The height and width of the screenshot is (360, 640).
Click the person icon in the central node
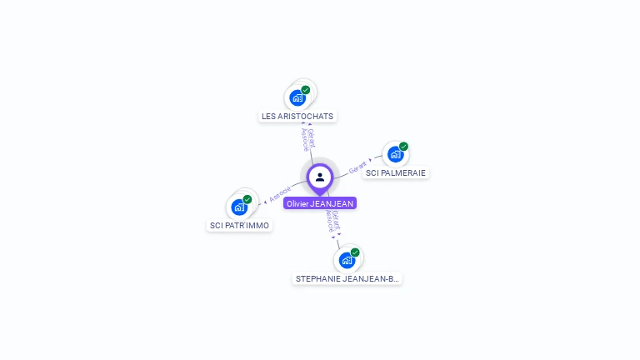320,177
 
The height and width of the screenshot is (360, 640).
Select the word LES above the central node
268,117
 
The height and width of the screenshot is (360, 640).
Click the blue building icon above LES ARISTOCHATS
297,98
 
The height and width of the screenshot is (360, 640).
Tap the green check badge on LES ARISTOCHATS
306,90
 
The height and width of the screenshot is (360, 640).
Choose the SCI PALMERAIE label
396,173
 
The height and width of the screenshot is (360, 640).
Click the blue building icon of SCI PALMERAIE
395,154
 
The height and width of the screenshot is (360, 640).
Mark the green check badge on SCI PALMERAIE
403,147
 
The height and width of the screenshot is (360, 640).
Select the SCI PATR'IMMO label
240,225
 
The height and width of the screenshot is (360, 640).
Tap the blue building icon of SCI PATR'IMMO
239,207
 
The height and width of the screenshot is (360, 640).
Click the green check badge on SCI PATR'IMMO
247,199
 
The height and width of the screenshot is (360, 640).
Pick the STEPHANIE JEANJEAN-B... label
347,278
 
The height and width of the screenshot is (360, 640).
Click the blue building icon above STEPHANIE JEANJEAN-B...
347,260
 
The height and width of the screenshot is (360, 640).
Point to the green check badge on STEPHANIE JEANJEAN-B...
355,252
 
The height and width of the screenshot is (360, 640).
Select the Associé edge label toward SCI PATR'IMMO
281,194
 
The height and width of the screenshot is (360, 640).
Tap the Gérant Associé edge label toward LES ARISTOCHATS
308,139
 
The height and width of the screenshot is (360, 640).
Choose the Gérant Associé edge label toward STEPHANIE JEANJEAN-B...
333,220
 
